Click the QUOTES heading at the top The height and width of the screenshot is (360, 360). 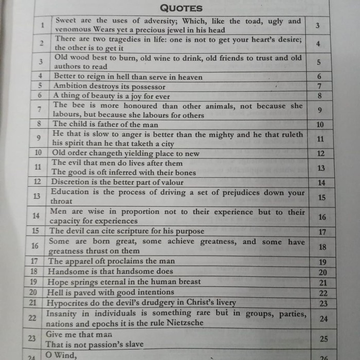coord(181,8)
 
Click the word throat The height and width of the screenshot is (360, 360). coord(61,202)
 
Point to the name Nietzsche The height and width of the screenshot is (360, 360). coord(182,323)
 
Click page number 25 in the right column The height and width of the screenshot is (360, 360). coord(323,339)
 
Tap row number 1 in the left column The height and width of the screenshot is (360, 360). coord(43,25)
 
